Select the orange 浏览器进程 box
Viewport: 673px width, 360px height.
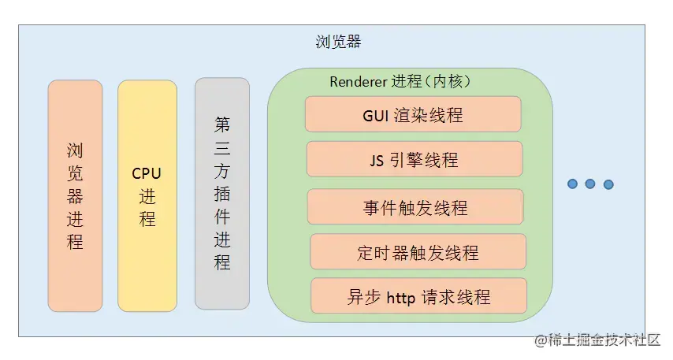(x=75, y=195)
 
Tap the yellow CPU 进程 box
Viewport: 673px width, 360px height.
(x=147, y=195)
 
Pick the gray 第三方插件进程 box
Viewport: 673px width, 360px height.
(x=222, y=193)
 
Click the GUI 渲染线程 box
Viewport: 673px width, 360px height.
(x=413, y=114)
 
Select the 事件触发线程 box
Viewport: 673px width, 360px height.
(x=415, y=207)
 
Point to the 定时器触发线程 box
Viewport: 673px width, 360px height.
(x=418, y=252)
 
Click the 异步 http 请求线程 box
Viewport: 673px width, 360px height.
(x=418, y=296)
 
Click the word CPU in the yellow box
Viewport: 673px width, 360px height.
(x=147, y=173)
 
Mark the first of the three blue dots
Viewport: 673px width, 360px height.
(x=573, y=184)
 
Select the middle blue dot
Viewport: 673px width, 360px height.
(x=590, y=184)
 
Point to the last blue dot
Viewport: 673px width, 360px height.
(x=608, y=184)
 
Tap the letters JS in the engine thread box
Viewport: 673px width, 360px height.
(x=377, y=160)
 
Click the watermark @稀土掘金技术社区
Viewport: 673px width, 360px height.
(x=597, y=340)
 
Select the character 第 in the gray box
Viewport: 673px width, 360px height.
(x=222, y=124)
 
